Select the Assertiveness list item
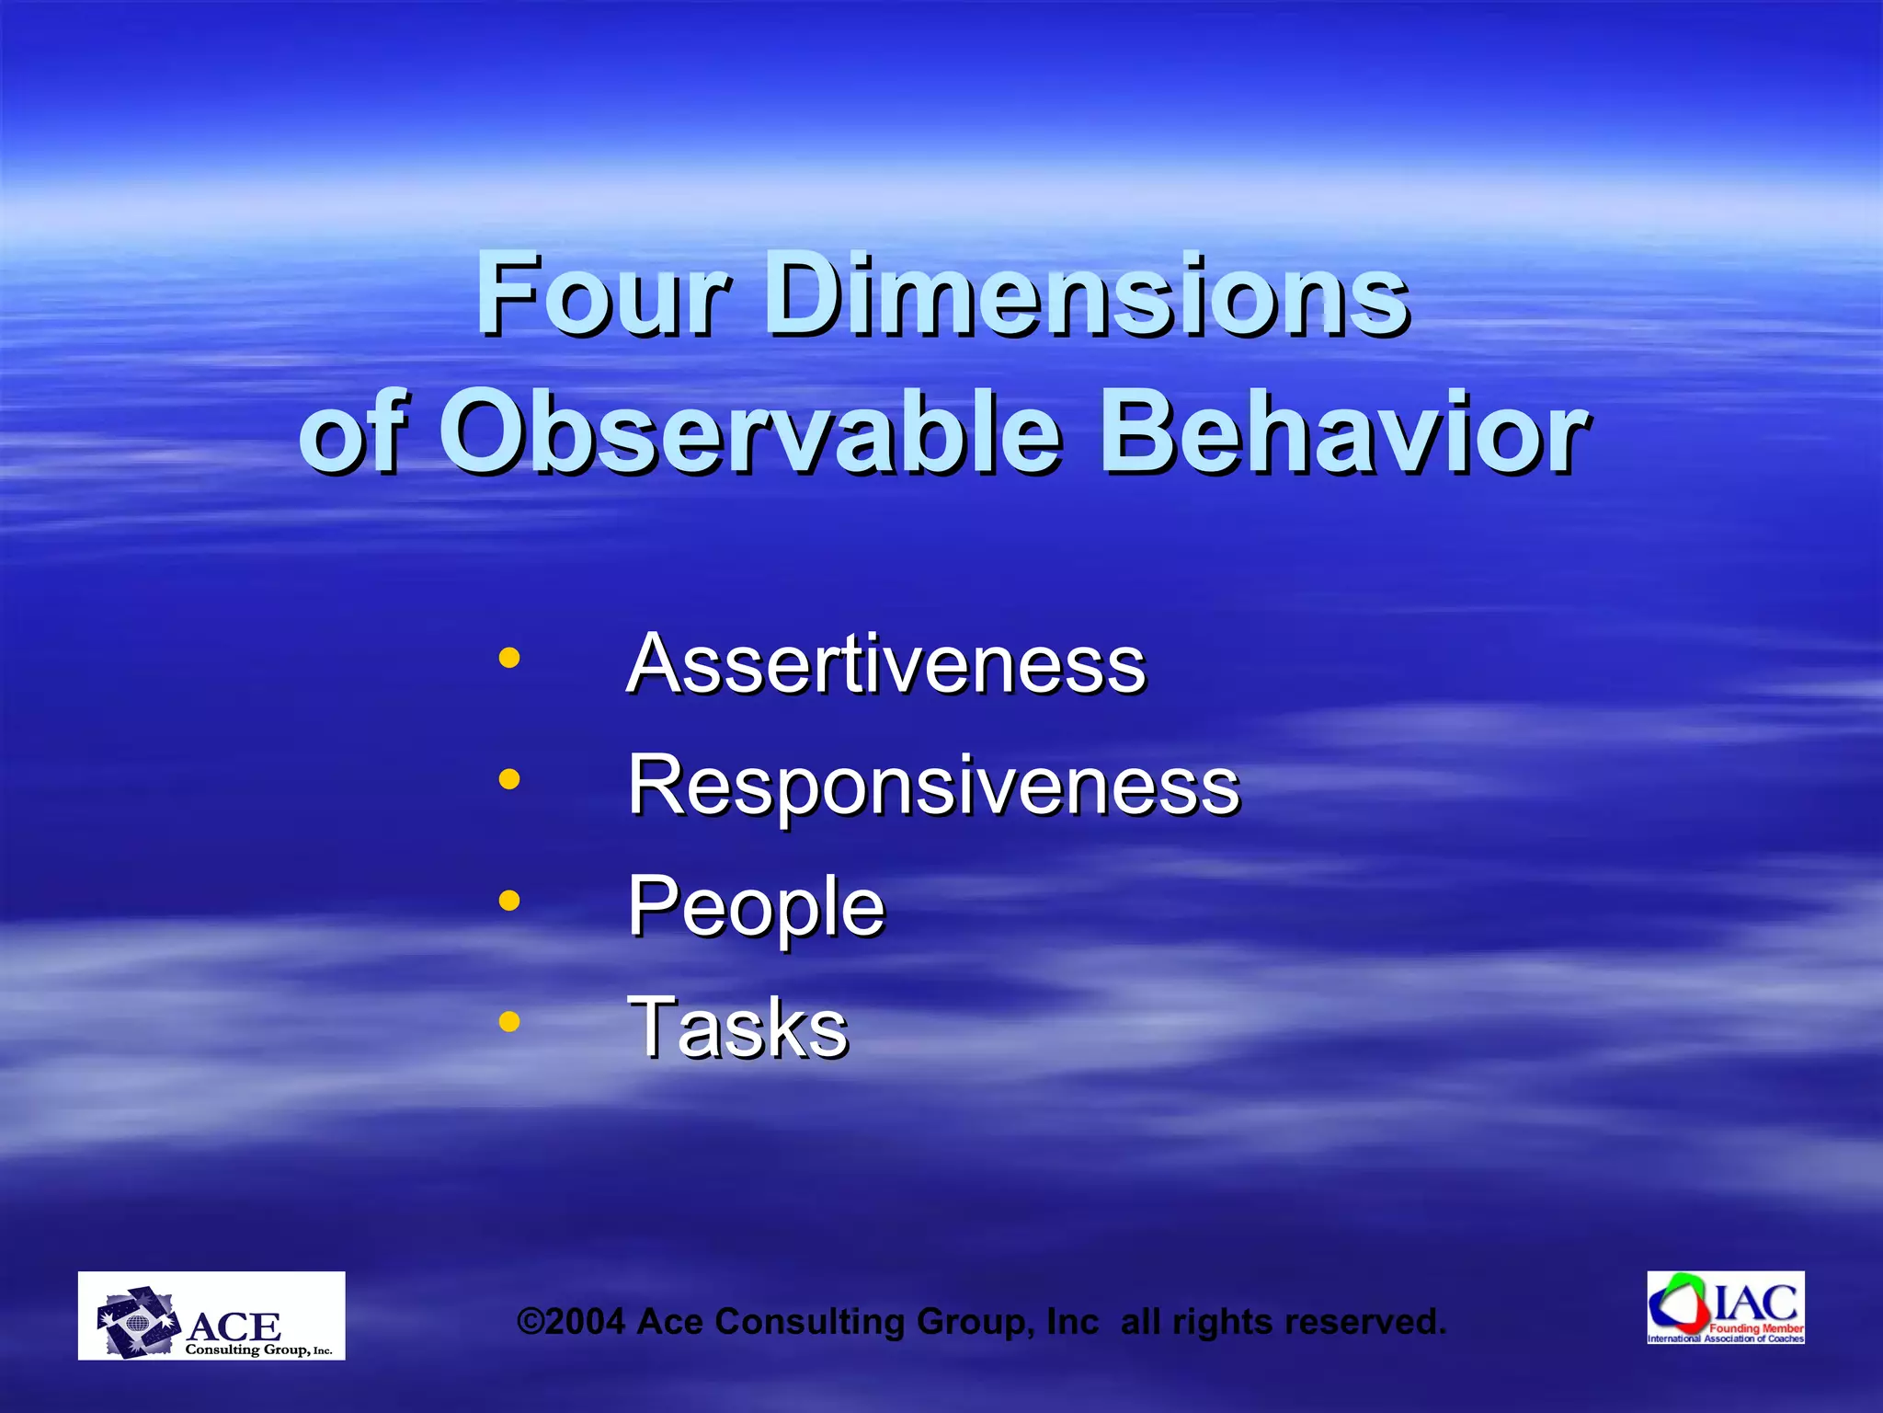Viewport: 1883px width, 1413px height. pyautogui.click(x=885, y=663)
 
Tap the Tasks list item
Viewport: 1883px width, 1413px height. pyautogui.click(x=737, y=1027)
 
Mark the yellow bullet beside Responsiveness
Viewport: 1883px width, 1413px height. pyautogui.click(x=508, y=780)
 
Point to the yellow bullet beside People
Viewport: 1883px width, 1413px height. pyautogui.click(x=508, y=901)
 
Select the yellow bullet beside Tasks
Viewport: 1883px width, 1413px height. pyautogui.click(x=508, y=1021)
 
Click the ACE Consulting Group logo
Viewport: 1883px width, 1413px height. pyautogui.click(x=211, y=1315)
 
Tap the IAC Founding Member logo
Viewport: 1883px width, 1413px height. pyautogui.click(x=1725, y=1307)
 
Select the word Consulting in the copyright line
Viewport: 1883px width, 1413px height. pyautogui.click(x=814, y=1322)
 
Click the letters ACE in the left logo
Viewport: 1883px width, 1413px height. pyautogui.click(x=234, y=1326)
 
